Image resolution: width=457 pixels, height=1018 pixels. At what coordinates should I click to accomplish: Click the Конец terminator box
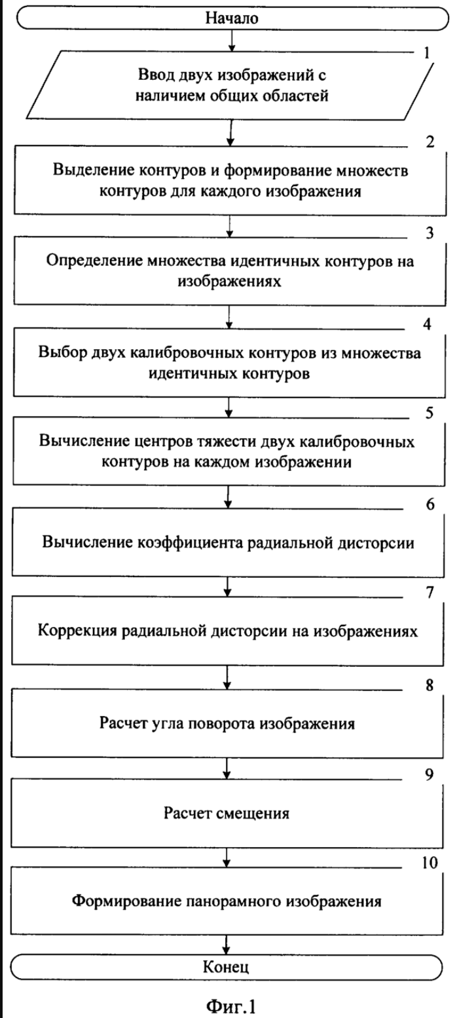[x=227, y=967]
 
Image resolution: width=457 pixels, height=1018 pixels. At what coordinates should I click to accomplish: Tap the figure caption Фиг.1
[x=228, y=1004]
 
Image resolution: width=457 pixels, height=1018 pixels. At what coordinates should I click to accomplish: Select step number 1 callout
[x=427, y=52]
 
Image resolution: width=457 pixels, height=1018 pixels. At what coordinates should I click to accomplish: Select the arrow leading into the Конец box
[x=227, y=944]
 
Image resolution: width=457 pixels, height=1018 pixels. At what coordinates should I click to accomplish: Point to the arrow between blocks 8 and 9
[x=227, y=766]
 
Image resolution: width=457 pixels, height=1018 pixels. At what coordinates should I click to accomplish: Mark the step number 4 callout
[x=427, y=322]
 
